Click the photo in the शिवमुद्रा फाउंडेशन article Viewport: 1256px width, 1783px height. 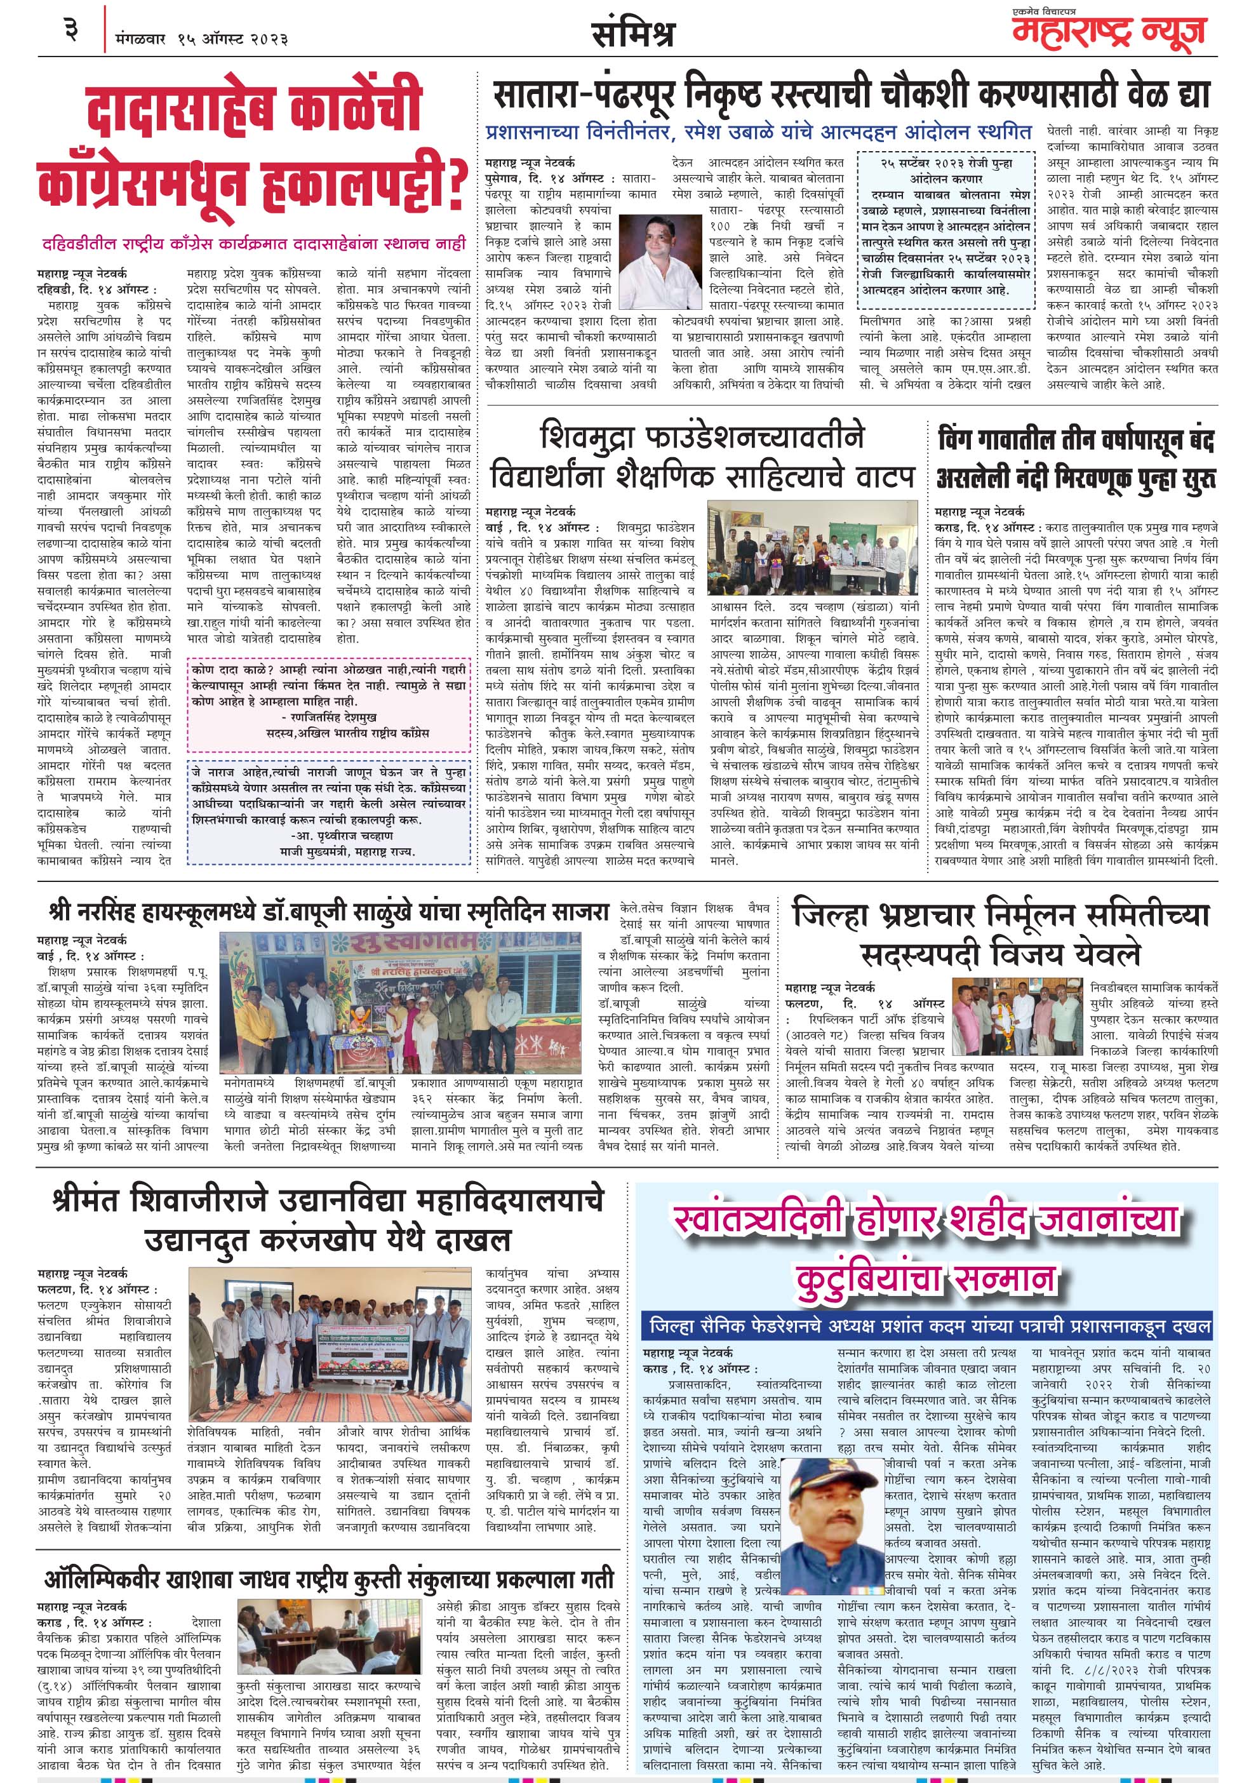coord(813,547)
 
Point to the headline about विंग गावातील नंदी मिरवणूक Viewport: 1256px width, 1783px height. coord(1076,459)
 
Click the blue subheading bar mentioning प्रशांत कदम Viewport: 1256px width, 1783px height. coord(929,1326)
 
